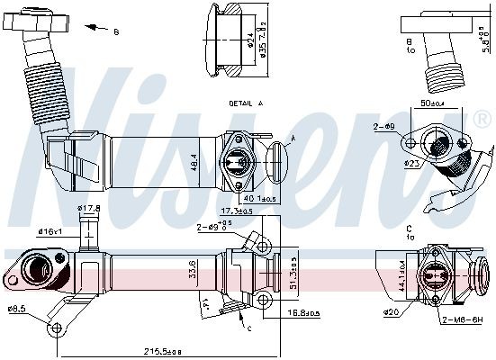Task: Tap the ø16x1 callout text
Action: coord(50,232)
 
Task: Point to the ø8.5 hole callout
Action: coord(16,310)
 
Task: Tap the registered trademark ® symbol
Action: coord(482,118)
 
